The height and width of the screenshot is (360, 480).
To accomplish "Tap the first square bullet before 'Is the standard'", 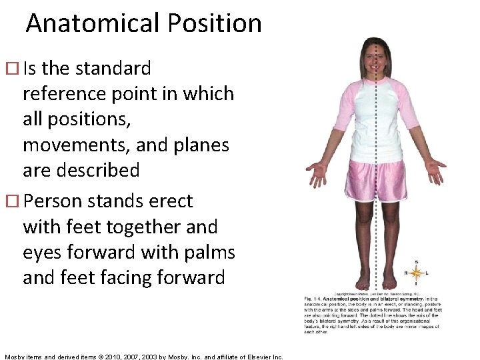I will point(15,69).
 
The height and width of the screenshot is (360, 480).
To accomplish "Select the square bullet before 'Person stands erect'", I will point(15,201).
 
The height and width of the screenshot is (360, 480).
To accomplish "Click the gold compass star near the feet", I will point(417,273).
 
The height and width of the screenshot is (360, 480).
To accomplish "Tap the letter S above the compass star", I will point(417,262).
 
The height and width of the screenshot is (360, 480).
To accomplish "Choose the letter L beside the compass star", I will point(427,273).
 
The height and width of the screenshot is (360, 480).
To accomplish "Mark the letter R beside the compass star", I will point(406,273).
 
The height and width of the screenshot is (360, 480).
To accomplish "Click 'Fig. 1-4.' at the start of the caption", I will point(315,298).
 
